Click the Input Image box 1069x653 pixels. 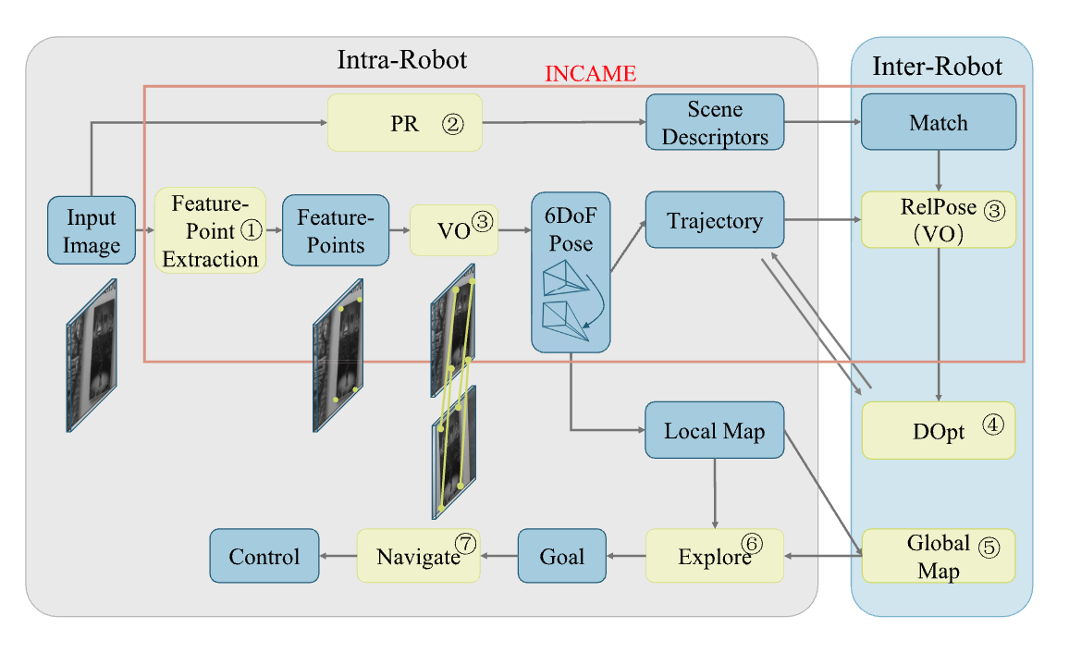click(x=92, y=231)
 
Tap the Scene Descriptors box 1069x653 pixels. click(x=715, y=123)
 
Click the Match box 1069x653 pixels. click(x=938, y=123)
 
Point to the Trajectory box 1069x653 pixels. click(x=715, y=220)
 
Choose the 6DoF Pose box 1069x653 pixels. click(x=571, y=272)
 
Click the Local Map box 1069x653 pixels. click(x=715, y=430)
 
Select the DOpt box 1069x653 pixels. click(x=938, y=430)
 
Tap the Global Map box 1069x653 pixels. click(x=938, y=556)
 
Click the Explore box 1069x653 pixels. click(x=715, y=556)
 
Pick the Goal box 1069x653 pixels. click(x=561, y=556)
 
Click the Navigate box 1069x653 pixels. click(x=419, y=556)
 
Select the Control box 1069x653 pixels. click(x=264, y=556)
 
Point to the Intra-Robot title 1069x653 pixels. click(x=402, y=61)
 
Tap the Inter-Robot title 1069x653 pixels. click(x=937, y=67)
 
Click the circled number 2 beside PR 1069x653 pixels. click(x=452, y=124)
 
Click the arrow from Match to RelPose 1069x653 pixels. click(x=939, y=170)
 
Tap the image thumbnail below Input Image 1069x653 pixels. click(x=92, y=355)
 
